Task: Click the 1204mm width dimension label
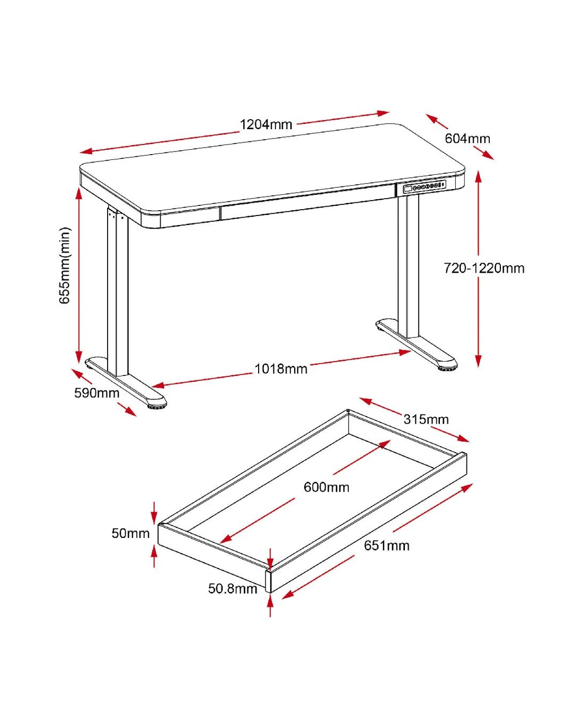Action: coord(266,124)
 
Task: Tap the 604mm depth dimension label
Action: coord(467,138)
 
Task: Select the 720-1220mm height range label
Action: coord(484,268)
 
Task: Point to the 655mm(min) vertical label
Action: coord(65,265)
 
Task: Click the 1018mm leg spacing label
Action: coord(281,369)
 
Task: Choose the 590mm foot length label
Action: coord(97,393)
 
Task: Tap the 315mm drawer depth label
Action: coord(426,419)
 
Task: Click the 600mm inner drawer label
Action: coord(326,487)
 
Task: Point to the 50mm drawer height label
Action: coord(130,534)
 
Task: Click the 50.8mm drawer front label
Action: coord(232,589)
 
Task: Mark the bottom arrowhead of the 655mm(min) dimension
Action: coord(78,356)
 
